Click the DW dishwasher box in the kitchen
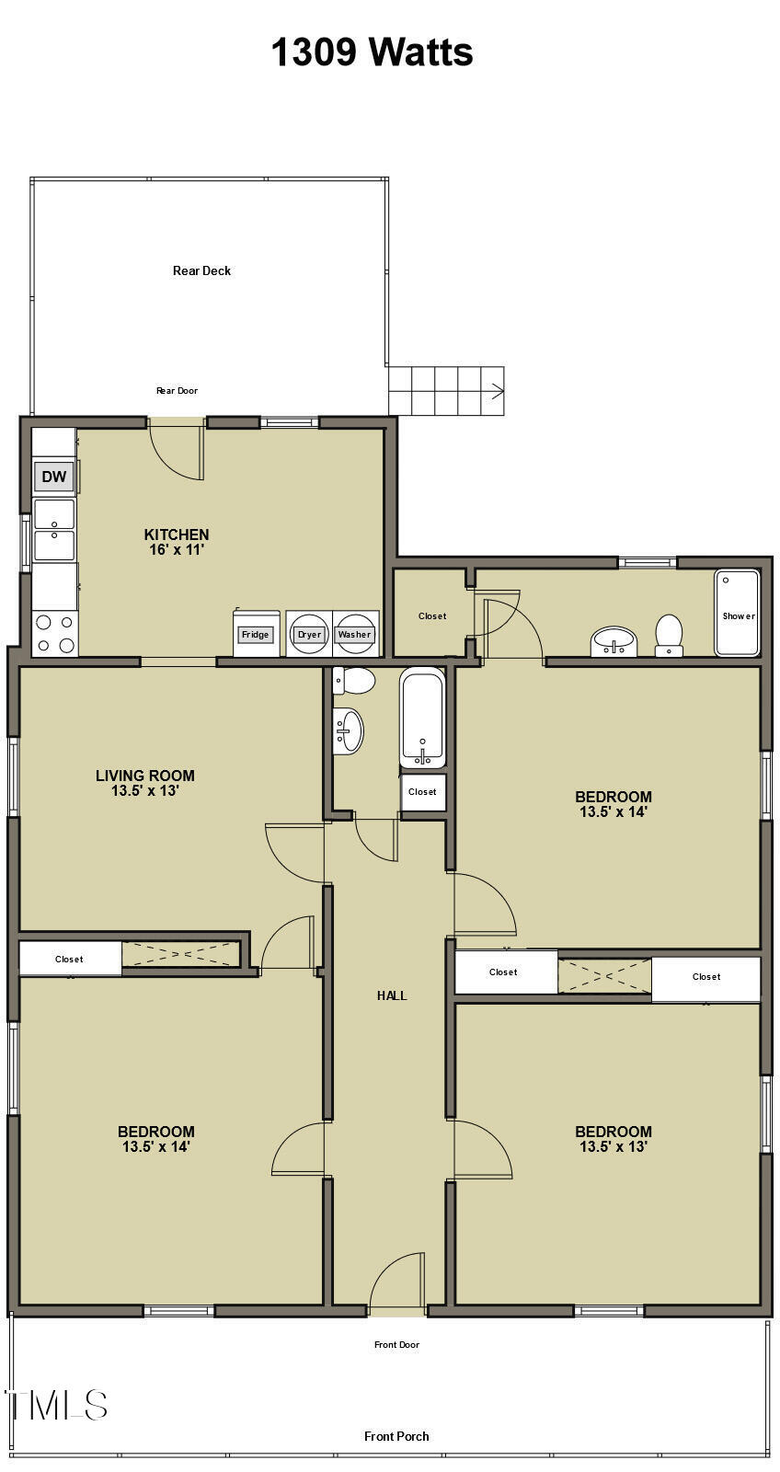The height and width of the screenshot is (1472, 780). (x=54, y=477)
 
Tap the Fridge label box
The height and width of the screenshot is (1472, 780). (x=255, y=635)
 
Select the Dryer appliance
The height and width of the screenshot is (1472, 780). (x=309, y=634)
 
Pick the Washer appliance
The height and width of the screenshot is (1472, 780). (x=354, y=634)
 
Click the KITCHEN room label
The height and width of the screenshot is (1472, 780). (x=177, y=535)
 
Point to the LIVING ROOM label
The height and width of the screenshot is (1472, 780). (x=145, y=776)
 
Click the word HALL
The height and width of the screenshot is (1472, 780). (x=392, y=995)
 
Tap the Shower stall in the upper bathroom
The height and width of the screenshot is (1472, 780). (x=738, y=614)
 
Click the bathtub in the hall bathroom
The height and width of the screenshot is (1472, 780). (x=422, y=717)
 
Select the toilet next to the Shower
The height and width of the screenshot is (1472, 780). (x=669, y=634)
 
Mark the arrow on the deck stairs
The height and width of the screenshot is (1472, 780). (x=497, y=393)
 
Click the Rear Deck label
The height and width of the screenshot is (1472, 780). (x=201, y=270)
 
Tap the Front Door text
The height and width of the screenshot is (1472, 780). (x=396, y=1345)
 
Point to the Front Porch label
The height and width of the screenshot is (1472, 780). (x=396, y=1436)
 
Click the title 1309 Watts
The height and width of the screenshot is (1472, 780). (x=372, y=52)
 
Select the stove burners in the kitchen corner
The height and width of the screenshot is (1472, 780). (x=54, y=633)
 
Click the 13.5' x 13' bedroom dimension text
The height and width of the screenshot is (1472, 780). (x=614, y=1147)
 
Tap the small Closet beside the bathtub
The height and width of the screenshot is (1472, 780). (x=422, y=792)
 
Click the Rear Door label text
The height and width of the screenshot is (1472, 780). (x=177, y=391)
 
